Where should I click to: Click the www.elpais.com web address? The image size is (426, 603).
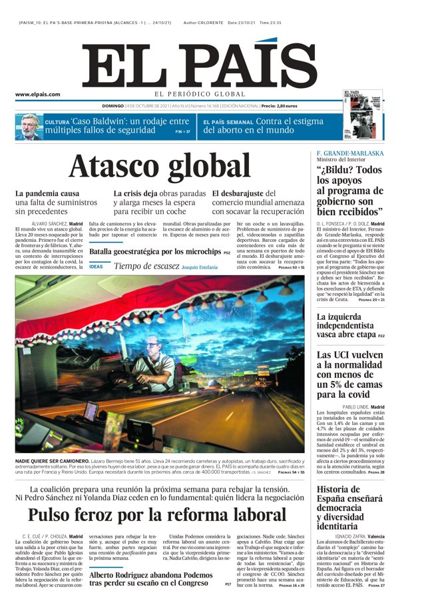(38, 95)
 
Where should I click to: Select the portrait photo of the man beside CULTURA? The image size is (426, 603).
(28, 126)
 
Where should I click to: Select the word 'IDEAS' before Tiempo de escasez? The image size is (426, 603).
(97, 267)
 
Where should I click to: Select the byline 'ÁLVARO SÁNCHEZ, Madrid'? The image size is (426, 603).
(57, 223)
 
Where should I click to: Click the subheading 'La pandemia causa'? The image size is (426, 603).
(47, 193)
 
